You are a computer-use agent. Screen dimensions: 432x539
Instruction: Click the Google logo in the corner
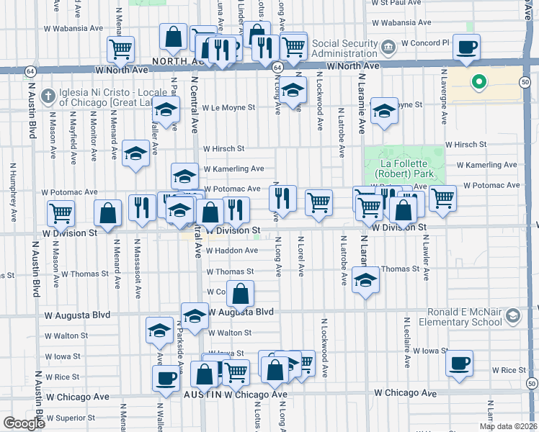click(23, 423)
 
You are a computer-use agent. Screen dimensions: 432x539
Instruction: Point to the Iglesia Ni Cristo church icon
click(48, 96)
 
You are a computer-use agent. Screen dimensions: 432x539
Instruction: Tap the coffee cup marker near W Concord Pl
click(466, 47)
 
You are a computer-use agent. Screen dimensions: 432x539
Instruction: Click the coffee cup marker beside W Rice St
click(459, 363)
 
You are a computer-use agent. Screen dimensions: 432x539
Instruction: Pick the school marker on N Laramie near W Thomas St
click(365, 280)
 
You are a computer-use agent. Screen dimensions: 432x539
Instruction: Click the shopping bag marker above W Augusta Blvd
click(241, 293)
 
